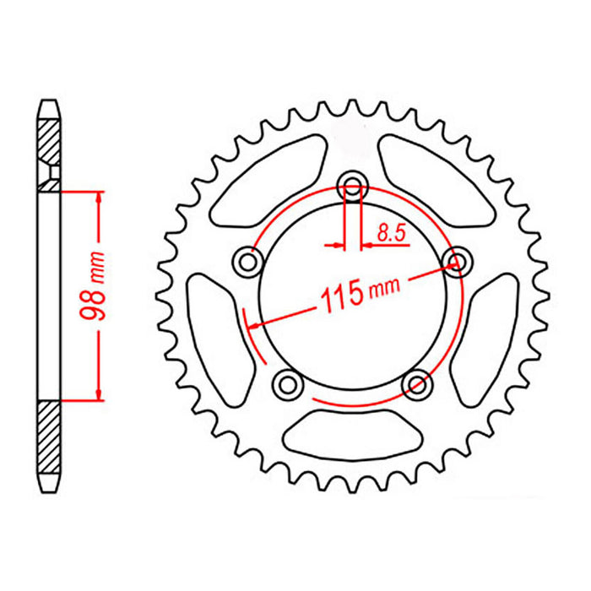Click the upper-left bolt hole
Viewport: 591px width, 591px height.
coord(248,263)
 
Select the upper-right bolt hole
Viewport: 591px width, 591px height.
coord(458,262)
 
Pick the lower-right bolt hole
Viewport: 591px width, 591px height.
coord(417,385)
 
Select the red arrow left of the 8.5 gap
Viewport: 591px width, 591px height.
coord(335,246)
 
